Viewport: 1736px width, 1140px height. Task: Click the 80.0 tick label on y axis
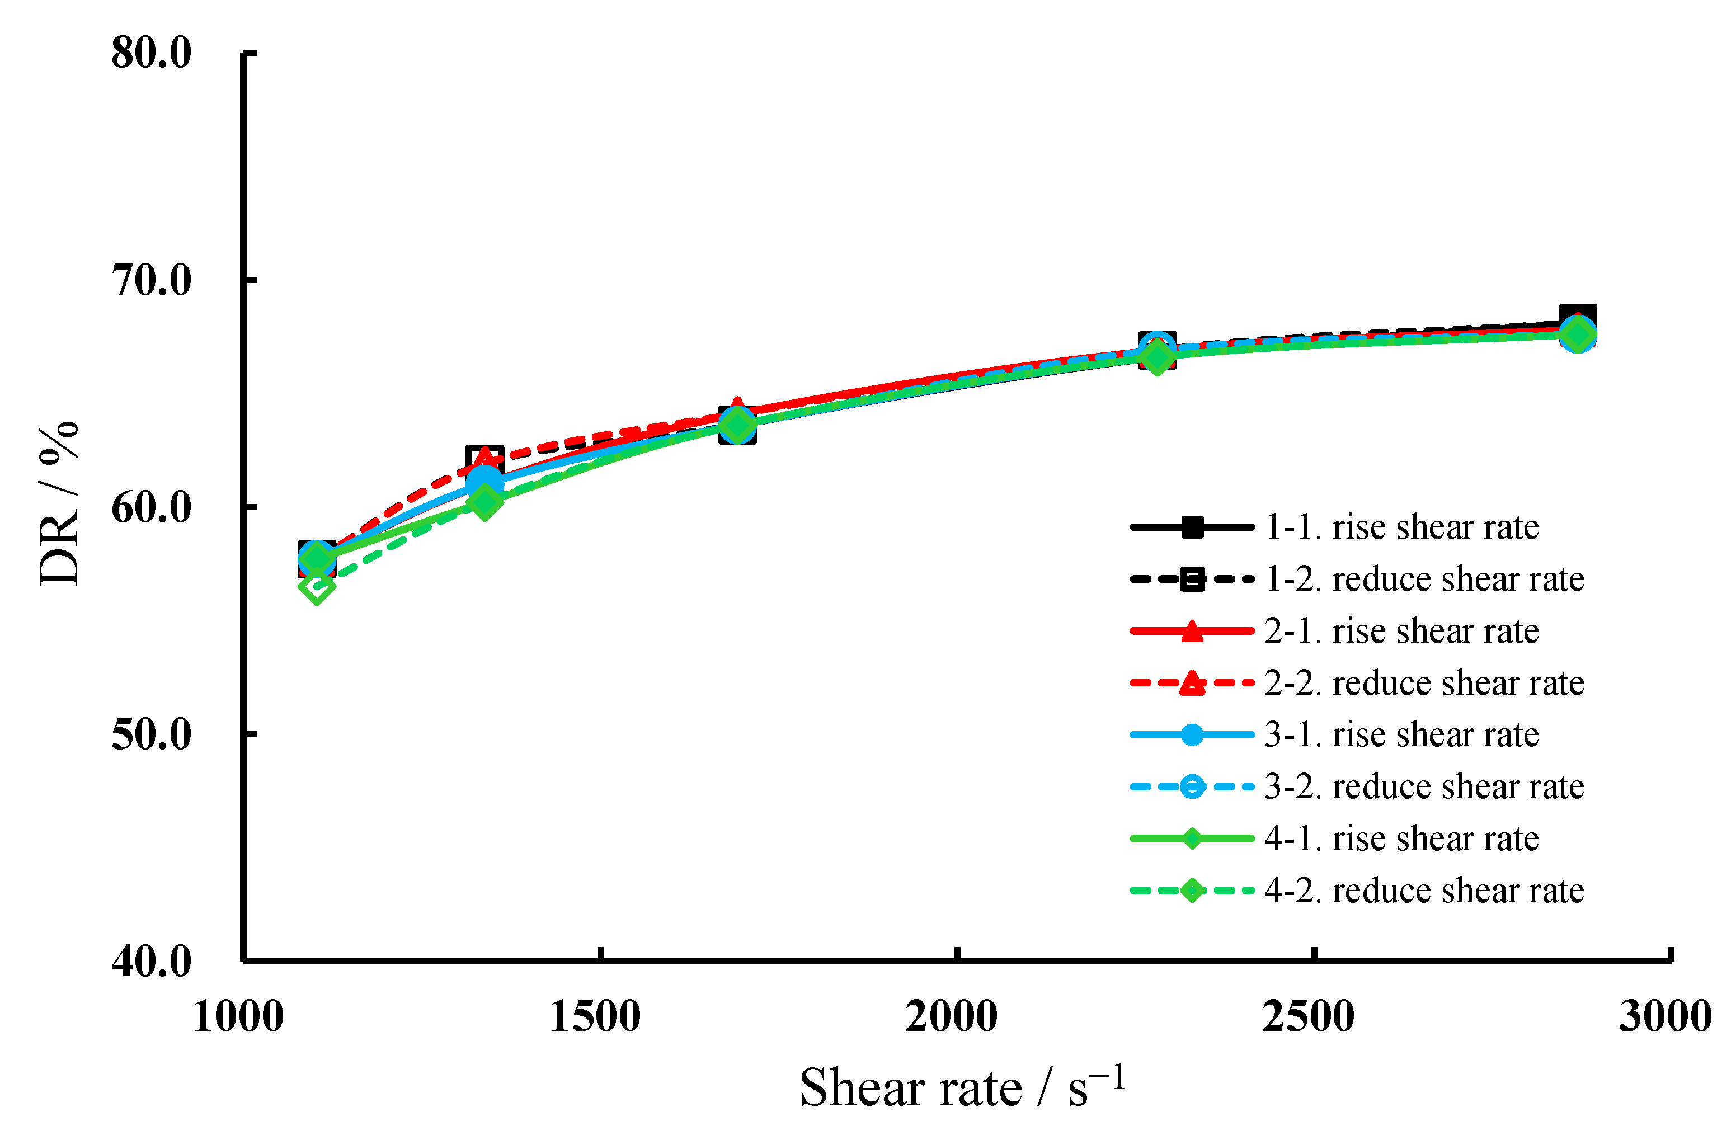[x=151, y=53]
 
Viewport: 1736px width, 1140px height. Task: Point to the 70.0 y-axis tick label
[x=151, y=280]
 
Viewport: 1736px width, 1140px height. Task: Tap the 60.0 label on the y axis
[x=151, y=508]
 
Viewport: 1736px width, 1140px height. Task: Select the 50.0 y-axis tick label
[x=151, y=734]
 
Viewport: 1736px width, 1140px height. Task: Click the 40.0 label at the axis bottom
[x=151, y=962]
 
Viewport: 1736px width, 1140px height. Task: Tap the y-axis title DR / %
[x=58, y=503]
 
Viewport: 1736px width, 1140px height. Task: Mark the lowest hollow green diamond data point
[x=317, y=588]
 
